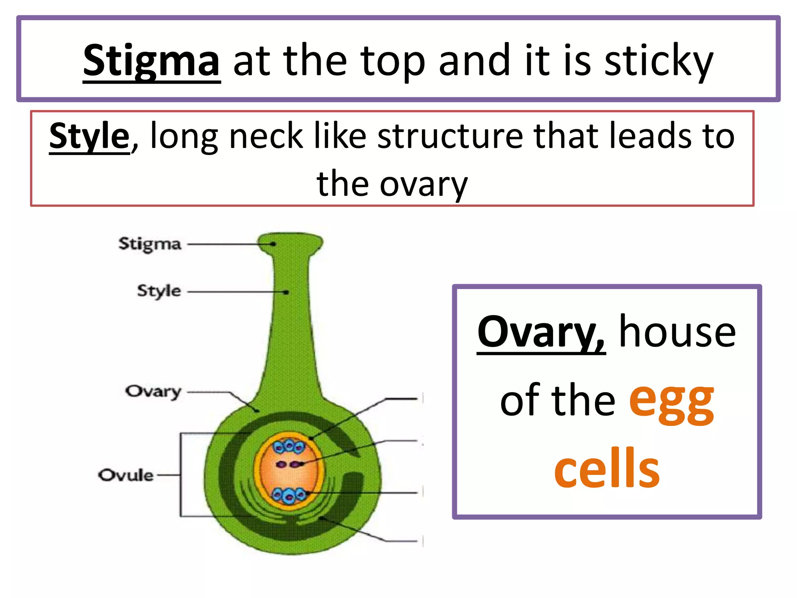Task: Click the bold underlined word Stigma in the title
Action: [152, 62]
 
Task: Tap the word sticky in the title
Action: [659, 62]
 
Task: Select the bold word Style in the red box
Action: [89, 136]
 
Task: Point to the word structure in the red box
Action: [450, 136]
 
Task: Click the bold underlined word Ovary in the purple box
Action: [541, 332]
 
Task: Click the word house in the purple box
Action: [677, 332]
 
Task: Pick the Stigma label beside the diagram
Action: [150, 244]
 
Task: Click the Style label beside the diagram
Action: [159, 291]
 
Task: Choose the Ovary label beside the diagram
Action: [153, 391]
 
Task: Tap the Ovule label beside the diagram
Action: [126, 475]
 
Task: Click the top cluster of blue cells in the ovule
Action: [289, 447]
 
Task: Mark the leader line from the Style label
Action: [235, 292]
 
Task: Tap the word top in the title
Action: [393, 62]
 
